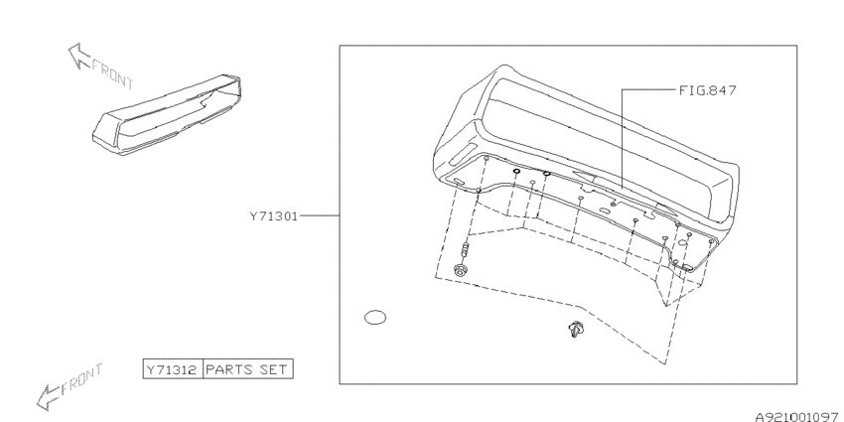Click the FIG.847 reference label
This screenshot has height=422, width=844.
click(x=707, y=90)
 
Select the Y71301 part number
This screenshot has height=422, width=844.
click(x=273, y=216)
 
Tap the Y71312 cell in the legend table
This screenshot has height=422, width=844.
click(x=173, y=369)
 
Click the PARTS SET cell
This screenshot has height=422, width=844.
click(x=247, y=369)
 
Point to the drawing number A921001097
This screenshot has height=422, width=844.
click(x=798, y=416)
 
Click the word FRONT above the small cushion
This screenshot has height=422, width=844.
click(x=112, y=74)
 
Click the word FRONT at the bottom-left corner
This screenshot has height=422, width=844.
click(x=81, y=379)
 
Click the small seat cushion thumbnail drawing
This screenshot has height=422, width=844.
click(x=167, y=114)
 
